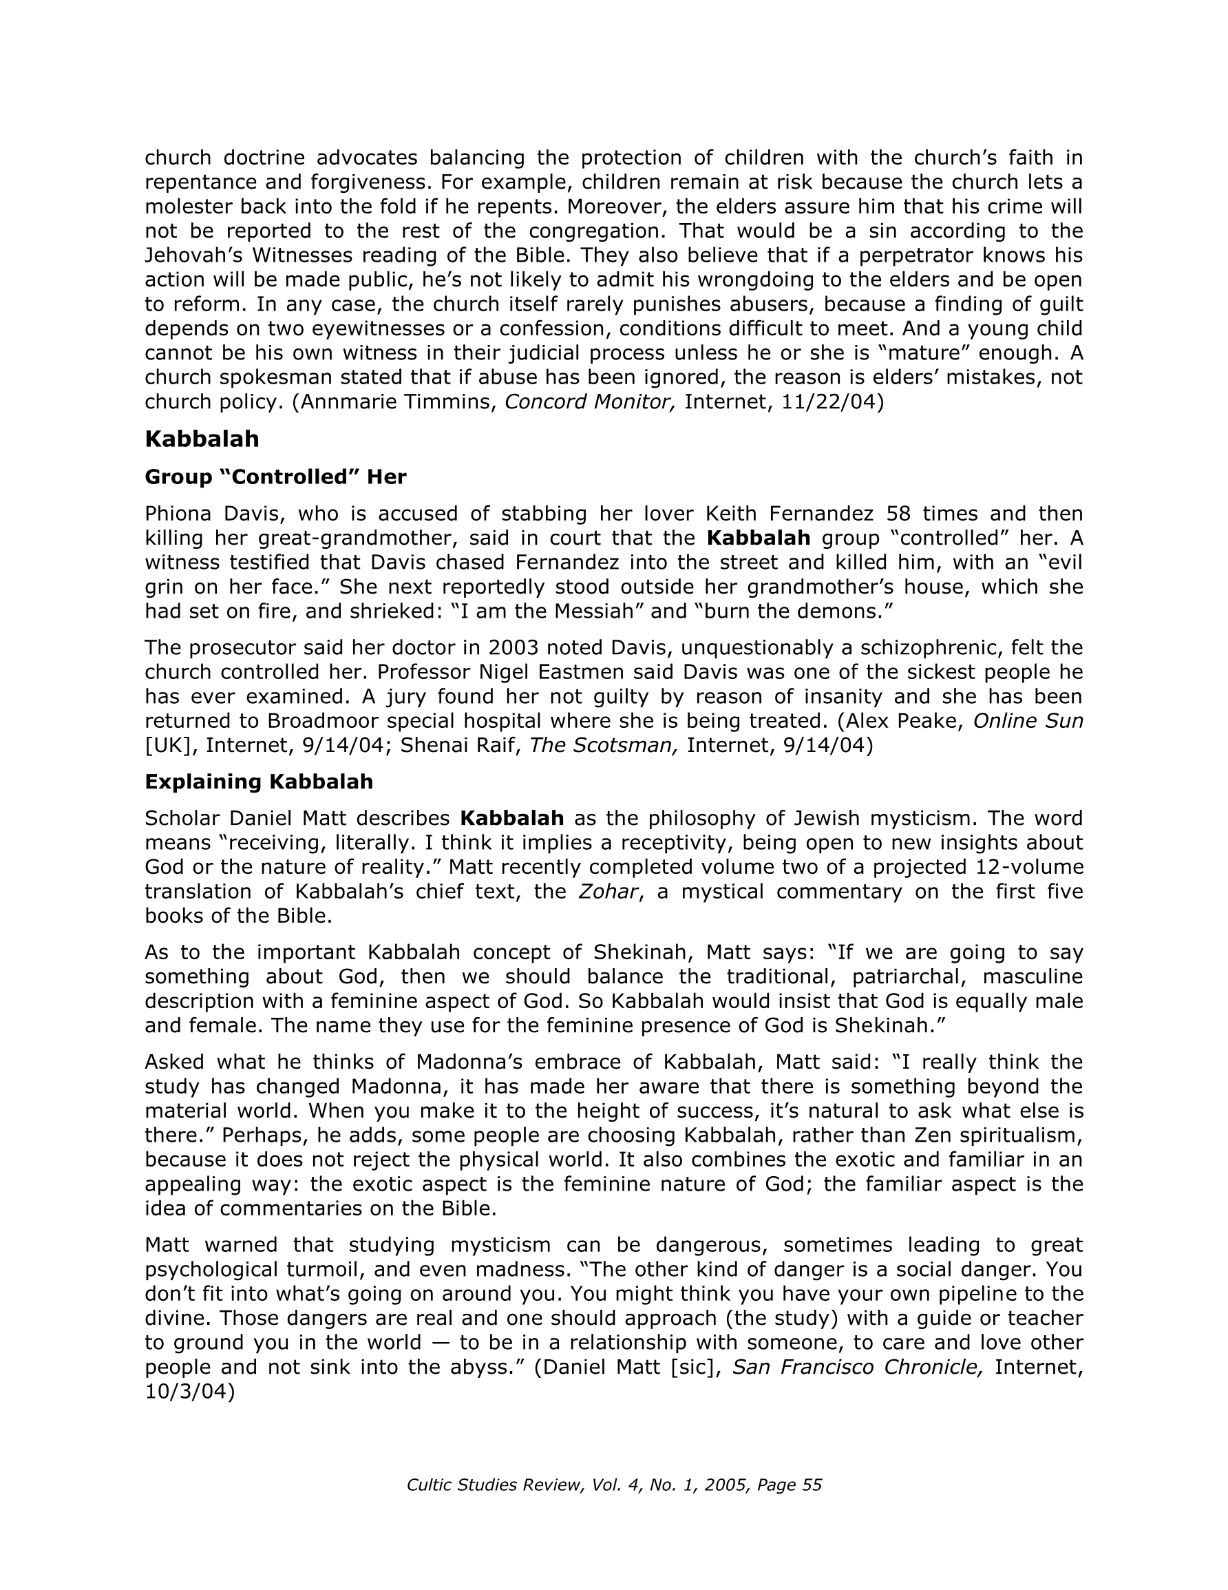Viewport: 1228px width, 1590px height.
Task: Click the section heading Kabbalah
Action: (x=202, y=439)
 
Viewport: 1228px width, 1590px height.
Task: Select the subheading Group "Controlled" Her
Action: (x=275, y=477)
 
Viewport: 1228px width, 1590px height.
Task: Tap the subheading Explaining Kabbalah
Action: (x=258, y=781)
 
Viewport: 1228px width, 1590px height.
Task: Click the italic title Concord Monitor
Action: (x=591, y=402)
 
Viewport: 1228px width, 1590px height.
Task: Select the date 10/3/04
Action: (x=189, y=1391)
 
